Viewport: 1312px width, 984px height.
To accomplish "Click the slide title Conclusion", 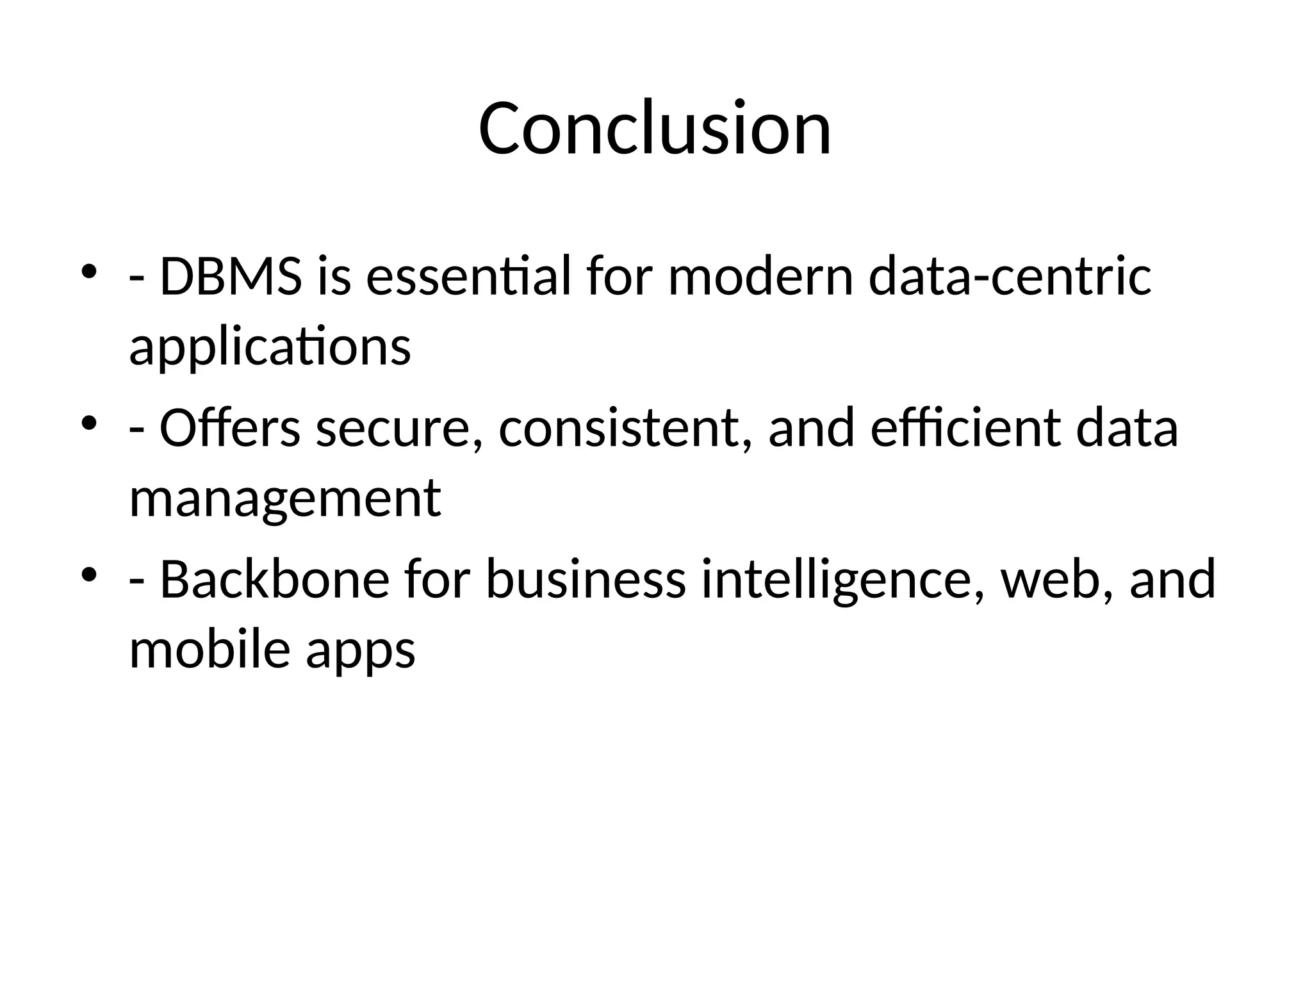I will (x=655, y=128).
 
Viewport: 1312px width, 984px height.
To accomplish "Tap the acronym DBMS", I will (x=230, y=277).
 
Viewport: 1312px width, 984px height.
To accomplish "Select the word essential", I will (x=468, y=277).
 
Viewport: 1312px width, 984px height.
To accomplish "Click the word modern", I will (x=760, y=277).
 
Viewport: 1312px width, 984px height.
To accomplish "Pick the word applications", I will (x=270, y=348).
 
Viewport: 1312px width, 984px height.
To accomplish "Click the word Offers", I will (x=229, y=428).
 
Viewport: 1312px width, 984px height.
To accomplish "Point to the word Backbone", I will (x=274, y=578).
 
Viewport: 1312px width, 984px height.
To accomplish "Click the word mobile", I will (x=209, y=650).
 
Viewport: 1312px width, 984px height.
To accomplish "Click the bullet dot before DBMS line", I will (x=88, y=272).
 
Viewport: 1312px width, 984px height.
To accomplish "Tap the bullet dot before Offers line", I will (x=88, y=423).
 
